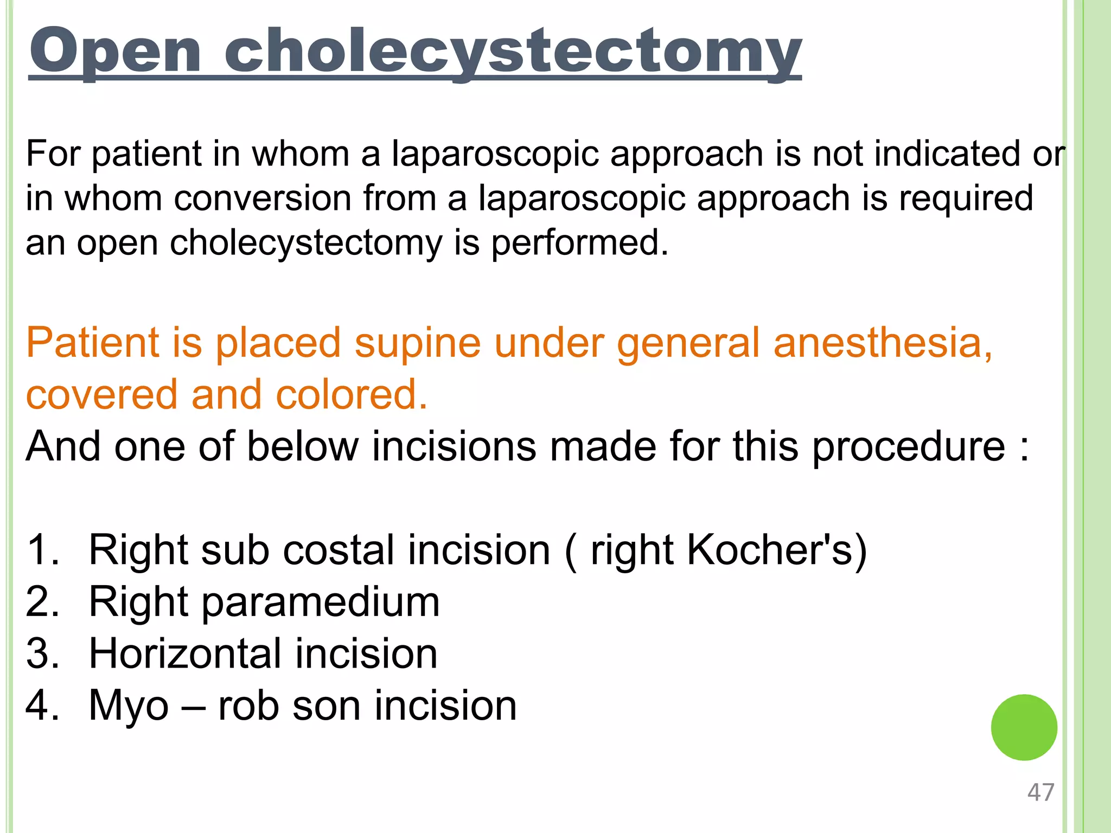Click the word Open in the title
point(116,52)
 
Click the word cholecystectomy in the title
point(513,52)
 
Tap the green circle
point(1024,727)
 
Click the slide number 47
point(1040,792)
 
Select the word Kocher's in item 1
point(770,550)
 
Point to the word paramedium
point(321,602)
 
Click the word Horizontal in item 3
point(184,653)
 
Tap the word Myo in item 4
point(129,706)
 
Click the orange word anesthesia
point(883,343)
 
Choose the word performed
point(579,242)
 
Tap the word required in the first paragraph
point(966,198)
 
